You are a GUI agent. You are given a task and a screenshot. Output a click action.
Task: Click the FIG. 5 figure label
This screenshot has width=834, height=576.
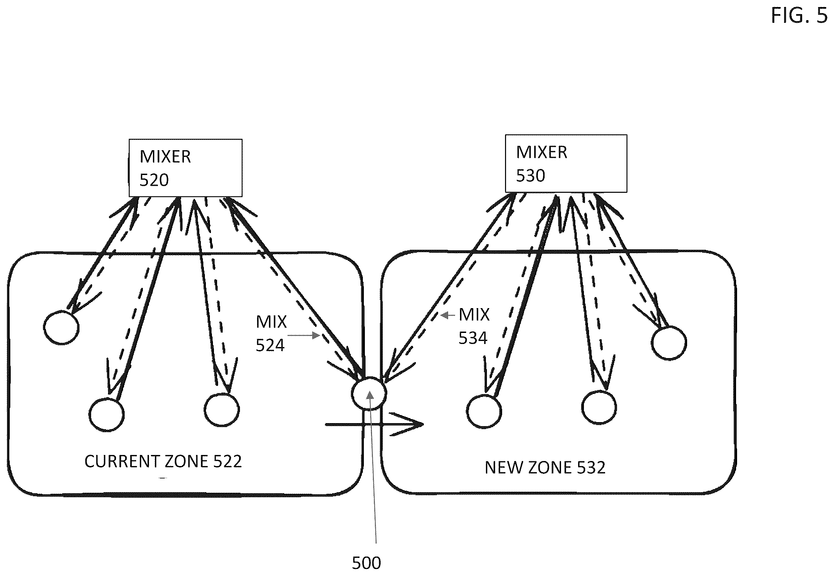(x=799, y=16)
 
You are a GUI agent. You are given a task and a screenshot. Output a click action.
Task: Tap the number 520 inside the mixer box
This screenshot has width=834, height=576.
(x=154, y=180)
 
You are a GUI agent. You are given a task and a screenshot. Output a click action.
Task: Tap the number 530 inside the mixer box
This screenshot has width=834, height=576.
(x=531, y=176)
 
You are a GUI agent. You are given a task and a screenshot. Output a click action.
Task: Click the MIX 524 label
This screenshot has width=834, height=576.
(x=271, y=334)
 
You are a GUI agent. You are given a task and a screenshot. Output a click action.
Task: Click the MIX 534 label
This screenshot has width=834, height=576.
(x=474, y=326)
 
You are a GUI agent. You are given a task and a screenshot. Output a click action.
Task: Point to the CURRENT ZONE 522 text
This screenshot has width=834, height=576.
(x=163, y=461)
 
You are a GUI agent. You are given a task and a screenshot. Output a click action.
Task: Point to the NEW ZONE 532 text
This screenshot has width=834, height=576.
(x=545, y=467)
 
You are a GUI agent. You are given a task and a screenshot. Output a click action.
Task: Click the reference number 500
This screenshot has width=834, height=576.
(x=366, y=563)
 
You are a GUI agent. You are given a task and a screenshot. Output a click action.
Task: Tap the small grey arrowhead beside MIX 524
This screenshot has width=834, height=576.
(x=316, y=336)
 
